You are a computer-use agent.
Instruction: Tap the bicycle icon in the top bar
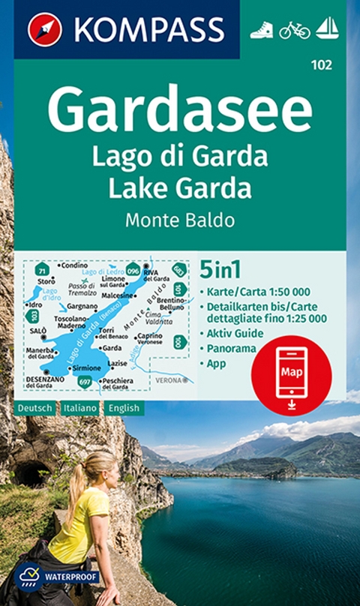[295, 30]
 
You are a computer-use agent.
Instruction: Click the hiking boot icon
[262, 30]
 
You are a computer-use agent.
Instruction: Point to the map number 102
[324, 65]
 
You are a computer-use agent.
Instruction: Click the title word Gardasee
[180, 109]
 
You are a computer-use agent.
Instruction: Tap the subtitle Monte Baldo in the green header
[180, 220]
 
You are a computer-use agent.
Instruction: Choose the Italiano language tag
[77, 408]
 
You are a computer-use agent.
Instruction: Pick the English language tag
[121, 408]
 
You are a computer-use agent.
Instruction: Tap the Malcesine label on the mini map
[118, 295]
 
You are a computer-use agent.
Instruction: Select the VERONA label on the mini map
[168, 380]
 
